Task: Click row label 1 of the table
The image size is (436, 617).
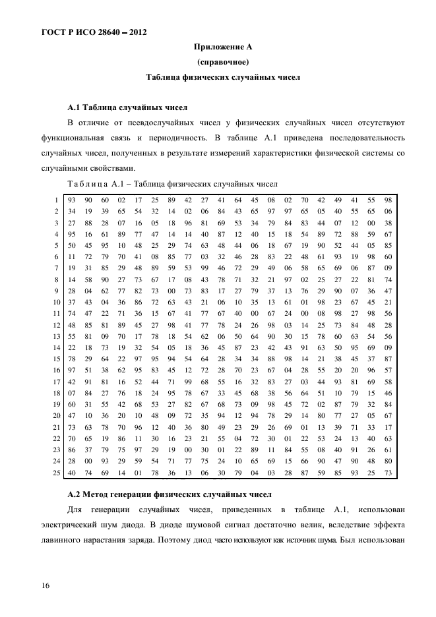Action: [x=57, y=200]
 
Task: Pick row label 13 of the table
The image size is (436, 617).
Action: [x=56, y=336]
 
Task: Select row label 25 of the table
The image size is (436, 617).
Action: [x=56, y=473]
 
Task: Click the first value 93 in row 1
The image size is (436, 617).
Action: [x=71, y=200]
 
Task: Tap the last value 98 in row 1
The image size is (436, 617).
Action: [x=388, y=200]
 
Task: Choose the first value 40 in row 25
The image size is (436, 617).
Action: [x=71, y=473]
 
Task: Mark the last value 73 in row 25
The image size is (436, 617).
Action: [x=388, y=473]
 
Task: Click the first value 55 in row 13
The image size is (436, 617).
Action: [x=71, y=336]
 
